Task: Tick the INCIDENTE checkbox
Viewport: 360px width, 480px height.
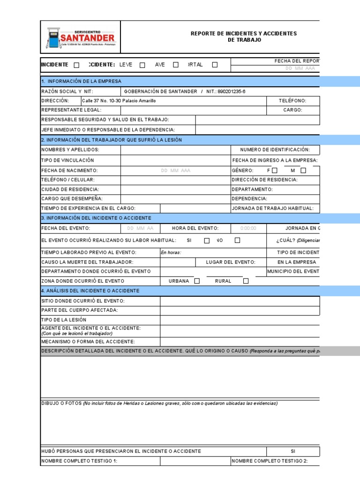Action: (x=77, y=65)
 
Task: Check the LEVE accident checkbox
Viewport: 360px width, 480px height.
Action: (x=142, y=65)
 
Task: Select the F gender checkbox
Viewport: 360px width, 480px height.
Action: (x=275, y=171)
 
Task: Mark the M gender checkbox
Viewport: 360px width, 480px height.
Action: (x=303, y=171)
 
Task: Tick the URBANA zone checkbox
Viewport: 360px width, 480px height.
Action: (x=197, y=281)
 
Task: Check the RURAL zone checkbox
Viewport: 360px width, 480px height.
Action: (x=246, y=281)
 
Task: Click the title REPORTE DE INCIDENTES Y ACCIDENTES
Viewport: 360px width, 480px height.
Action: (x=243, y=34)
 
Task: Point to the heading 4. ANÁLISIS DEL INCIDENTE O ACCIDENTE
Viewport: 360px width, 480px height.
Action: (x=90, y=291)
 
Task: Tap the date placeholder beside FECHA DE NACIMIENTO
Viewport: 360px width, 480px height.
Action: (x=175, y=171)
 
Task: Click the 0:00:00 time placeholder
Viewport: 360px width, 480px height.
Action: (x=248, y=228)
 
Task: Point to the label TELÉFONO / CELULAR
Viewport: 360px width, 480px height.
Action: (x=68, y=180)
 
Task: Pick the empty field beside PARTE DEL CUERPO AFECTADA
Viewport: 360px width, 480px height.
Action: (x=240, y=310)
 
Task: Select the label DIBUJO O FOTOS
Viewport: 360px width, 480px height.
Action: (x=61, y=403)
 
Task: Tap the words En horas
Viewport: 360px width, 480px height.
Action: (x=171, y=253)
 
